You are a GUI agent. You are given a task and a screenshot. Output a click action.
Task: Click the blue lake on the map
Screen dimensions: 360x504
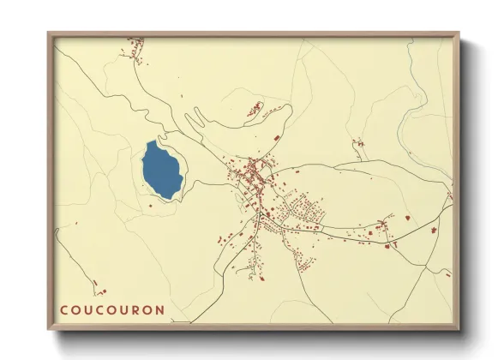point(162,170)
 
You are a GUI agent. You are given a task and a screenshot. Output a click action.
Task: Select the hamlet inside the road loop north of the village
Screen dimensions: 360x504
point(255,109)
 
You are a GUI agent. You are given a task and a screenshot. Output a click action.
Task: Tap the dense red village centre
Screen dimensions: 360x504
point(254,171)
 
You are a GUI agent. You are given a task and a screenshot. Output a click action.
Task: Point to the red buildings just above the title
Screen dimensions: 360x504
point(98,287)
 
